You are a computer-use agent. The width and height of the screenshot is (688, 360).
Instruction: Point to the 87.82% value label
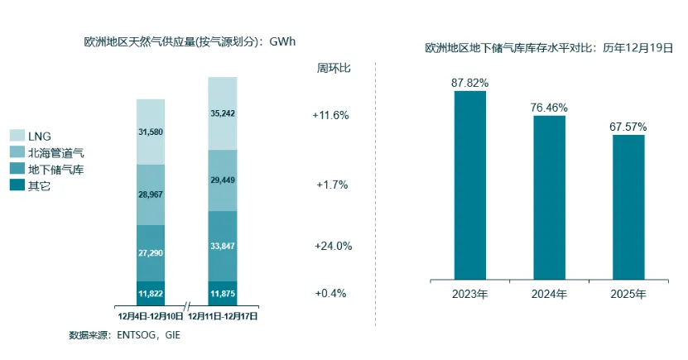(x=470, y=83)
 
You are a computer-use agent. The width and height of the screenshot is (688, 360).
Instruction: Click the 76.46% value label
(x=549, y=108)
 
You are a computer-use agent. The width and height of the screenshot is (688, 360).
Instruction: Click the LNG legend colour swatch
(x=17, y=135)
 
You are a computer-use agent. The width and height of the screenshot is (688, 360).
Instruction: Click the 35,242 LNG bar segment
(x=222, y=113)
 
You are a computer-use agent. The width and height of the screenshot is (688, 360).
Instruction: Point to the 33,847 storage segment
(x=222, y=246)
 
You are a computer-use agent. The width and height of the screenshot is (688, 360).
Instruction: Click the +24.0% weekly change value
(x=334, y=246)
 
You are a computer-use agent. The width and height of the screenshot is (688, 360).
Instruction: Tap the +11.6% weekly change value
(x=331, y=115)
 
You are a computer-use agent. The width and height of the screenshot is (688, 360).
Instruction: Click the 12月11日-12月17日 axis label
(x=224, y=315)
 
